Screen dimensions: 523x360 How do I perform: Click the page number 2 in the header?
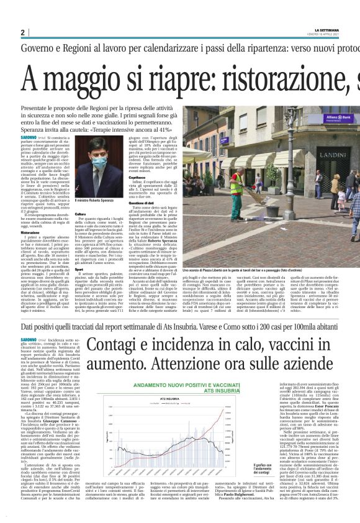pos(22,32)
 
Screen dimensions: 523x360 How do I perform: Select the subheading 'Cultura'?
pos(80,214)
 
